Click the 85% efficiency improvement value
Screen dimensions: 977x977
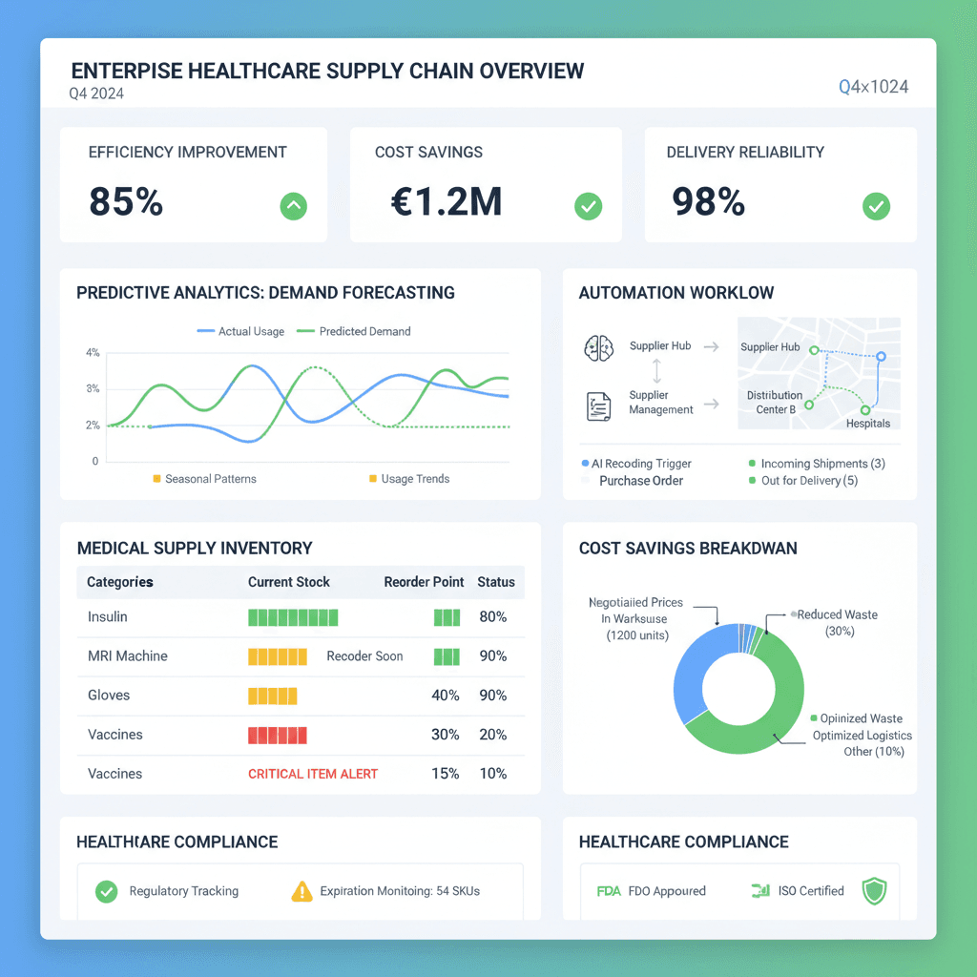(x=126, y=201)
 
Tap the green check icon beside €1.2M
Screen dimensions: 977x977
(x=589, y=205)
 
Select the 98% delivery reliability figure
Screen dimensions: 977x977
(x=708, y=201)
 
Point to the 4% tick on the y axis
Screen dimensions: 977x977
(x=93, y=353)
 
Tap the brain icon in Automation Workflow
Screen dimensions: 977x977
(x=598, y=348)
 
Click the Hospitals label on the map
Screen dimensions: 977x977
(x=868, y=424)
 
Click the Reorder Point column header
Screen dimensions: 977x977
(x=424, y=582)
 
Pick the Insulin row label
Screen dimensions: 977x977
(x=108, y=617)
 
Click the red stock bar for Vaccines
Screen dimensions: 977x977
(x=278, y=735)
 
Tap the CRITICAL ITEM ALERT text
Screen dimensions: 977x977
(x=313, y=774)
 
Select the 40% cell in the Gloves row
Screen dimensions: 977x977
(x=446, y=696)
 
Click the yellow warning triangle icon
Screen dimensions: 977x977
(x=301, y=891)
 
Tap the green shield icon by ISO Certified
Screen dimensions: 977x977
(x=874, y=891)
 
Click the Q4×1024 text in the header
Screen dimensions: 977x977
(x=873, y=87)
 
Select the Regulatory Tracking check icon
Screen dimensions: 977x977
(x=106, y=891)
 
